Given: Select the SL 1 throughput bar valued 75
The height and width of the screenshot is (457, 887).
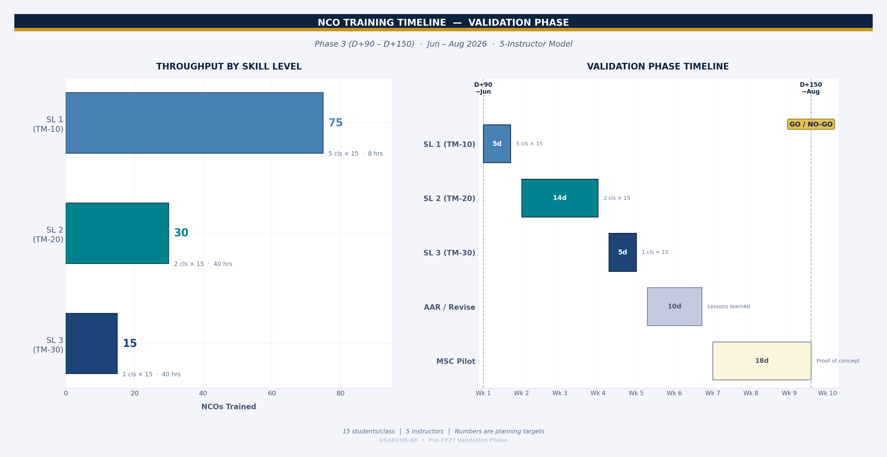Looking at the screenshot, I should [194, 123].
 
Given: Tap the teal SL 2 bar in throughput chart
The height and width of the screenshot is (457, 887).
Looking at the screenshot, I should [117, 233].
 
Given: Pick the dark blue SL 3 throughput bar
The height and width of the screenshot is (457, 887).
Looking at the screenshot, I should [92, 343].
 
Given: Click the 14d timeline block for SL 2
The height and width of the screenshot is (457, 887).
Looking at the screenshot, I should [560, 198].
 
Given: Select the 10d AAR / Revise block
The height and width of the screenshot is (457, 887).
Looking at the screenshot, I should [674, 306].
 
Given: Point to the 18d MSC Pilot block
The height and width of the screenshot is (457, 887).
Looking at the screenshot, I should [762, 361].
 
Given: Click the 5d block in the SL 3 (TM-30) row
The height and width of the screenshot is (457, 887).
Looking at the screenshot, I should [622, 252].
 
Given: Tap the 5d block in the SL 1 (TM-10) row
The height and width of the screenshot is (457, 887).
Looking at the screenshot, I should [496, 144].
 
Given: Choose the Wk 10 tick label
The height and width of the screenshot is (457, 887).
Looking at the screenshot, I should [827, 393].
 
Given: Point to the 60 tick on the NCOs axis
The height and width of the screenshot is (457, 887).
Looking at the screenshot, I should [272, 393].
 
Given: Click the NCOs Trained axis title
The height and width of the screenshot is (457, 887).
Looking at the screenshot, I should [229, 407].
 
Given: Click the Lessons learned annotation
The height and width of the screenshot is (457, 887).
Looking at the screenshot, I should [728, 306].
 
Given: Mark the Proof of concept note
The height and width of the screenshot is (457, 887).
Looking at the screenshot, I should [838, 361].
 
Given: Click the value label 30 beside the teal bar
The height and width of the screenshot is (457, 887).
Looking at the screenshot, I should [181, 233].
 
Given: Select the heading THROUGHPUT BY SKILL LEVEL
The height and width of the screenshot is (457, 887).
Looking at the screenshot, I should [229, 67].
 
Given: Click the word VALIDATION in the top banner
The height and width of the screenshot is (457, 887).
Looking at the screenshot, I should [493, 23].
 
